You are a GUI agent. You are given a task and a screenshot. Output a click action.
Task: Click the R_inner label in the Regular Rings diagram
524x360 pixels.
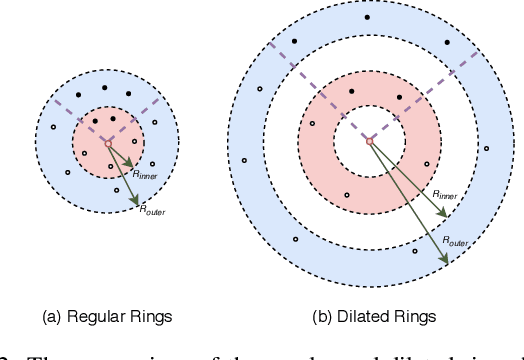pyautogui.click(x=145, y=173)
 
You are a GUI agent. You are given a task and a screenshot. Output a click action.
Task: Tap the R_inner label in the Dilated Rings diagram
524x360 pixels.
pyautogui.click(x=446, y=196)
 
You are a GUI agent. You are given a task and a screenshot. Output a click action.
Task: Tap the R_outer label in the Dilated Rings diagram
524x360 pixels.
pyautogui.click(x=454, y=243)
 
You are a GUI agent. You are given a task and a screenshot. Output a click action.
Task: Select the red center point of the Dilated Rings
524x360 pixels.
pyautogui.click(x=369, y=141)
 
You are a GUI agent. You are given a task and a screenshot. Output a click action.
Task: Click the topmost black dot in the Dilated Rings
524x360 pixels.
pyautogui.click(x=367, y=17)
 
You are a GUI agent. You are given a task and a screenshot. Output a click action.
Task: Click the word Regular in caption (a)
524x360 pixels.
pyautogui.click(x=98, y=317)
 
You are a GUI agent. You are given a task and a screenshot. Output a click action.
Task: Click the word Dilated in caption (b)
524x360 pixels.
pyautogui.click(x=362, y=317)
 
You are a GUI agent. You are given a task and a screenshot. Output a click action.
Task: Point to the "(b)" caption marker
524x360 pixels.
pyautogui.click(x=322, y=317)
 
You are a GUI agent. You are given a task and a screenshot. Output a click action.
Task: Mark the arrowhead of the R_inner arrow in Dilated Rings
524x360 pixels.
pyautogui.click(x=430, y=205)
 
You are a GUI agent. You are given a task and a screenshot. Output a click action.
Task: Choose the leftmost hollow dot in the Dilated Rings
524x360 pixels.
pyautogui.click(x=244, y=160)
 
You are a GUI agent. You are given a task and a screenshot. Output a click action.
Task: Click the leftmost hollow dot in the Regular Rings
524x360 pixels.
pyautogui.click(x=53, y=127)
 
